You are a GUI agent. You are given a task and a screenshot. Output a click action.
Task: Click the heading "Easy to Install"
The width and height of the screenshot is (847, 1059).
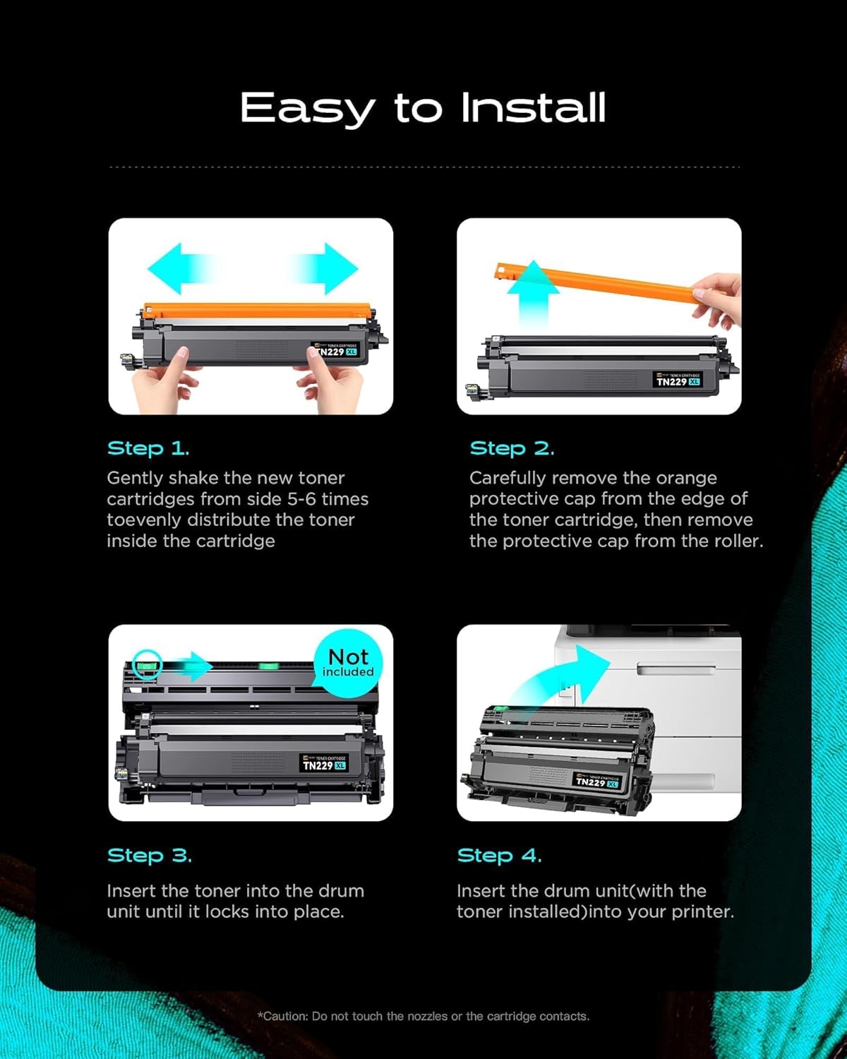(x=423, y=108)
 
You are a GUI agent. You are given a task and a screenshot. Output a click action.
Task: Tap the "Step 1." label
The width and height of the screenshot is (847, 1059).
(x=148, y=448)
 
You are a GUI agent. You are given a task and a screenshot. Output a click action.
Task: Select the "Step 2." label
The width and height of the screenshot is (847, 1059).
(x=512, y=448)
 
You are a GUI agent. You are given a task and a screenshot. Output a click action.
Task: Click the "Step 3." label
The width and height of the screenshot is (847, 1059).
(x=149, y=855)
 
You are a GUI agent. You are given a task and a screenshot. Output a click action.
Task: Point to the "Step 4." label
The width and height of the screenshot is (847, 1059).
(x=499, y=855)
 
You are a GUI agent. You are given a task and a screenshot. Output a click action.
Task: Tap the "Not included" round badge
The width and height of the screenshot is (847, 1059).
(x=348, y=662)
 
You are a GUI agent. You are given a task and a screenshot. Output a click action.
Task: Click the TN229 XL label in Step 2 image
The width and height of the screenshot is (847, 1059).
(x=678, y=381)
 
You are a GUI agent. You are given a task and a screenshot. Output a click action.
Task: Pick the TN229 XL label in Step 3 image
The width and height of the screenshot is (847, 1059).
(x=324, y=765)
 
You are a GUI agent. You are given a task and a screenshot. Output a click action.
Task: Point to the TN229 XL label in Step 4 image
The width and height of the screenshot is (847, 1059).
(x=596, y=782)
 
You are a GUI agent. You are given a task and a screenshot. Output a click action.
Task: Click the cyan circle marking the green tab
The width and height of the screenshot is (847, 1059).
(x=147, y=664)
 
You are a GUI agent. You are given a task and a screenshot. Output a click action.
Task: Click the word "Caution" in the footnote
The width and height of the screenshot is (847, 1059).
(x=285, y=1016)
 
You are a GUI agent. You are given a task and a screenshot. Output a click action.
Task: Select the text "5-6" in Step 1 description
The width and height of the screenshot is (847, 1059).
(x=301, y=499)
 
